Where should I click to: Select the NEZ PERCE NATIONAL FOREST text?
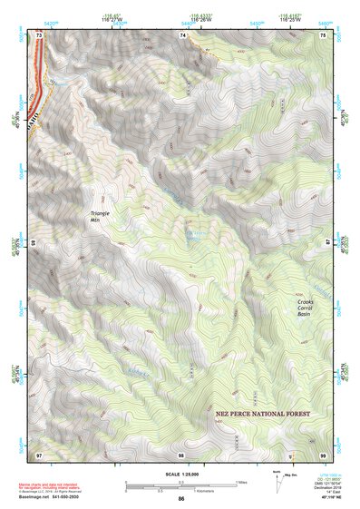pos(263,413)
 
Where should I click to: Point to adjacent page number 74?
pos(182,34)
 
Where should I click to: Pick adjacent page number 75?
pos(323,34)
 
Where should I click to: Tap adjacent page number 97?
pos(39,454)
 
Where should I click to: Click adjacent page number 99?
pos(323,454)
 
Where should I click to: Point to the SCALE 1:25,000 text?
pos(180,474)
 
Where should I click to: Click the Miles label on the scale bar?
pos(240,481)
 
